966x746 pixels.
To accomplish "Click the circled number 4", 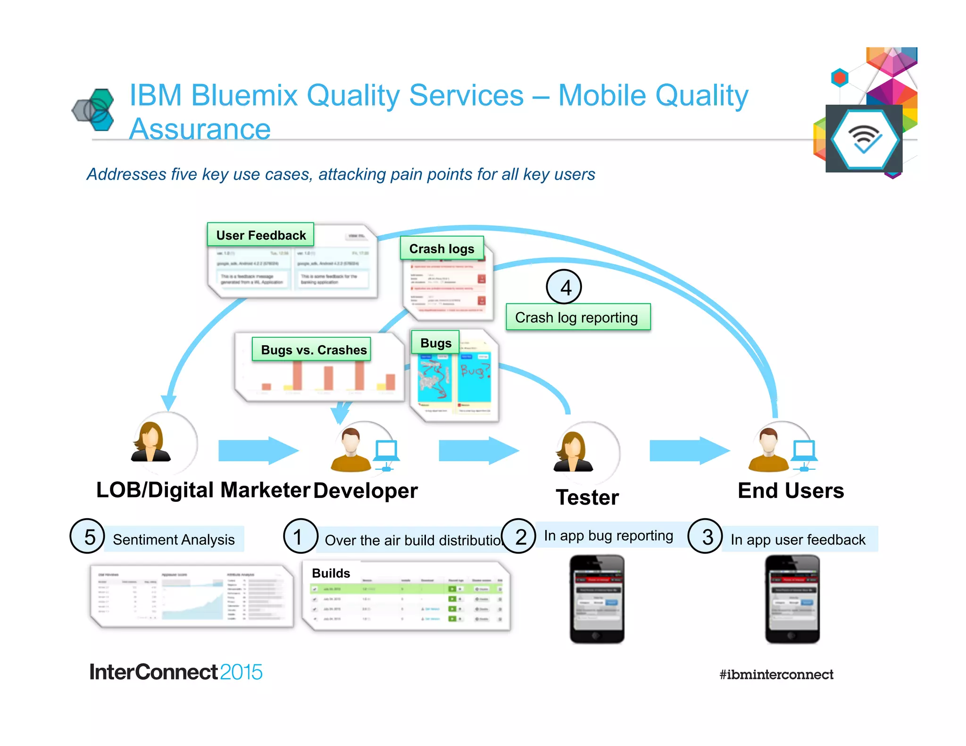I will click(564, 287).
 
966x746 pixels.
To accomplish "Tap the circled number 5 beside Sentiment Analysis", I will click(87, 536).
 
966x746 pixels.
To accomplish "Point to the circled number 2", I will click(519, 536).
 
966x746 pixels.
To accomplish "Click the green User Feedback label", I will click(260, 235).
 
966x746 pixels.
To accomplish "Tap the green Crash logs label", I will click(441, 249).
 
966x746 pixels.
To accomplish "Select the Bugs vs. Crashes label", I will click(314, 349).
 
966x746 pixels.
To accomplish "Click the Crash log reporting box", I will click(577, 317).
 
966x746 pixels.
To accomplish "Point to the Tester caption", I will click(587, 497).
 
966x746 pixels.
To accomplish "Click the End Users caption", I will click(791, 490).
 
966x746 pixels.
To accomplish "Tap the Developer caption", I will click(366, 490).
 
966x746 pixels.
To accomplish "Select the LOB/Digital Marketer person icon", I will click(151, 442).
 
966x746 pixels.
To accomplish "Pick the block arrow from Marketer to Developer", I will click(258, 450).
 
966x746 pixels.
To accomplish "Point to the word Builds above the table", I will click(331, 573).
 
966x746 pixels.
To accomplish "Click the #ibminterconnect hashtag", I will click(776, 674).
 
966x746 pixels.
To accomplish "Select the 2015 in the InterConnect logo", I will click(241, 672).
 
